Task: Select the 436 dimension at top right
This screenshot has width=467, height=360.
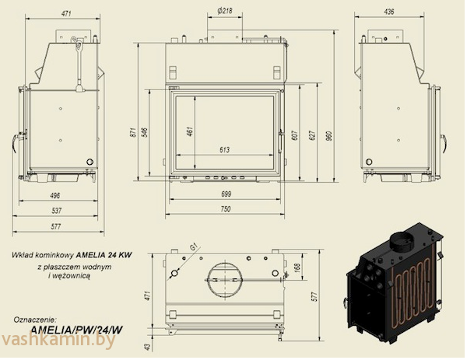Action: pyautogui.click(x=389, y=13)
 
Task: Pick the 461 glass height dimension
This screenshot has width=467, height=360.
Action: pyautogui.click(x=189, y=131)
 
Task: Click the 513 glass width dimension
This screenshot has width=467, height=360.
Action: pyautogui.click(x=225, y=149)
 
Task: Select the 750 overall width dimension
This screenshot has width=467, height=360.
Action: pyautogui.click(x=225, y=209)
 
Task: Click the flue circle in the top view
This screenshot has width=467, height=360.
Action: pyautogui.click(x=225, y=276)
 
